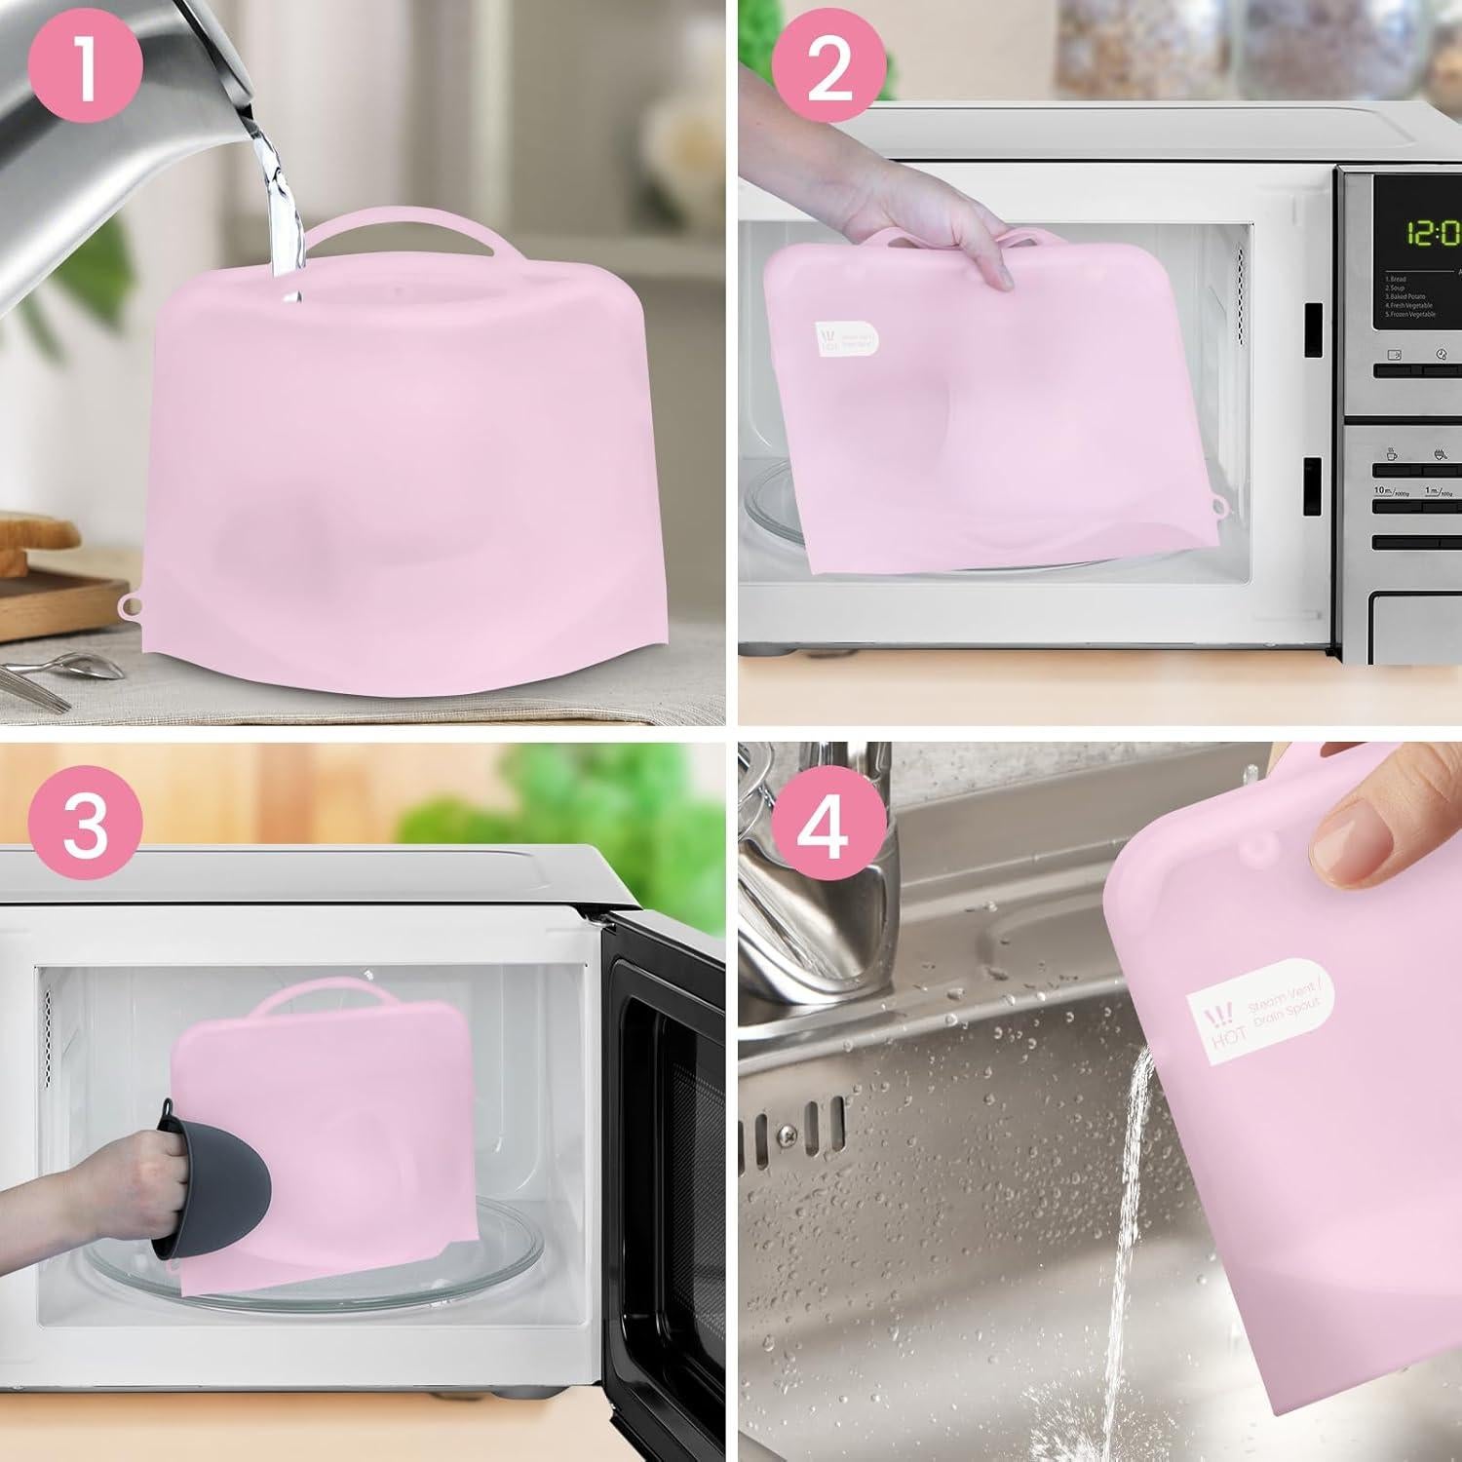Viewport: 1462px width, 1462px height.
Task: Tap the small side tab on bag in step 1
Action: click(128, 605)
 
